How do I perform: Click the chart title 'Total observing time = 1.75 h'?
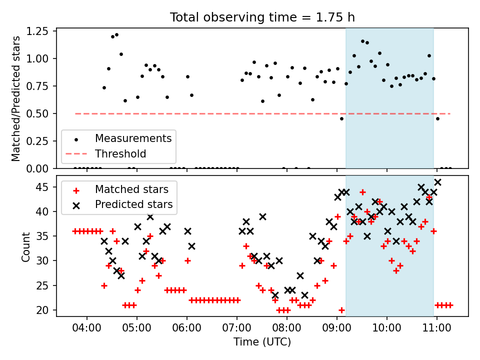point(262,17)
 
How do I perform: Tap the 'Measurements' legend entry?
point(133,138)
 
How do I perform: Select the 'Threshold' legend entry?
point(120,153)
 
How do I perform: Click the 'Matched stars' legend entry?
point(131,189)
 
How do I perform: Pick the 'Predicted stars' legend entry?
point(134,204)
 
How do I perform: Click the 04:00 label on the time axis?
point(86,328)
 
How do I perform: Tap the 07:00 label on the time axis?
point(236,328)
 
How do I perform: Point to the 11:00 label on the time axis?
point(437,328)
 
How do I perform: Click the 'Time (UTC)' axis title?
point(262,341)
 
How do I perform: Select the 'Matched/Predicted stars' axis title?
point(15,98)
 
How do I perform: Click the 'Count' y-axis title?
point(25,247)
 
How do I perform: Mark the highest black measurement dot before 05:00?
point(116,35)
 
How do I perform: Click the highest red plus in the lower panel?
point(363,192)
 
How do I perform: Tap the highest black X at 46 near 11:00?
point(438,182)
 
